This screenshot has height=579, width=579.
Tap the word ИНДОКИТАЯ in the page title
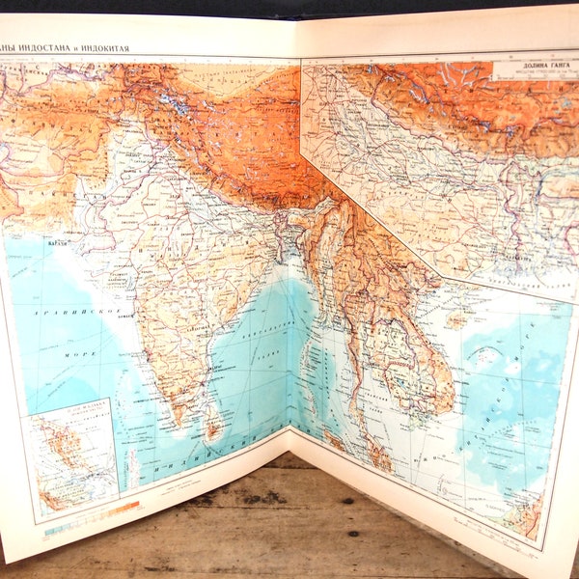click(136, 47)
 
